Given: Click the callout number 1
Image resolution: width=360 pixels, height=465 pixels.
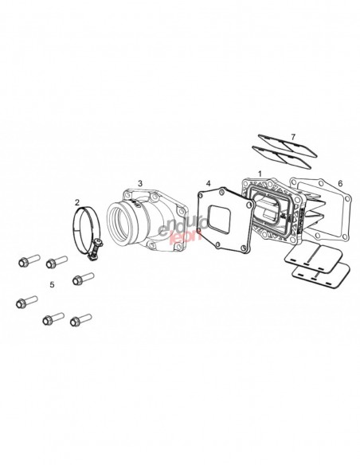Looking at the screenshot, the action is [260, 174].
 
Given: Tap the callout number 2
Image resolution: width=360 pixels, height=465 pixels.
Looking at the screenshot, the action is [77, 202].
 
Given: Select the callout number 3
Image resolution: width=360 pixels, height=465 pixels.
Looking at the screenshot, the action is [140, 183].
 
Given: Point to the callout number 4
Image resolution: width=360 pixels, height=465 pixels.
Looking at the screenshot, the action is [209, 183].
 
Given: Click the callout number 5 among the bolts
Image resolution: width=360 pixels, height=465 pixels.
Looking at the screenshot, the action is [53, 285].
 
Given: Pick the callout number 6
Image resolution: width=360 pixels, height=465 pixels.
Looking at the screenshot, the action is [340, 183].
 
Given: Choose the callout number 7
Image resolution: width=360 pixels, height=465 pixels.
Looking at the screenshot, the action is [293, 137].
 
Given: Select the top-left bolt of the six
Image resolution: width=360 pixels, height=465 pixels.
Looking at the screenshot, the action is [29, 260].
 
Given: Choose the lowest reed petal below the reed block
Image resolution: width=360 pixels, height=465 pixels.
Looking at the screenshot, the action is [321, 276].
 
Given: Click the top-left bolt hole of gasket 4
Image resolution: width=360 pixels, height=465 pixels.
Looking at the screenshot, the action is [201, 194].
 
